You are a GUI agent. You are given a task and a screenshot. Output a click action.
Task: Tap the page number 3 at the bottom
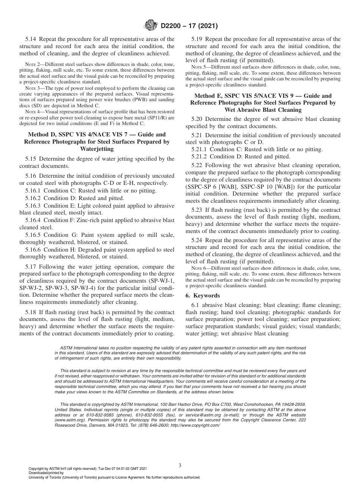[180, 465]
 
